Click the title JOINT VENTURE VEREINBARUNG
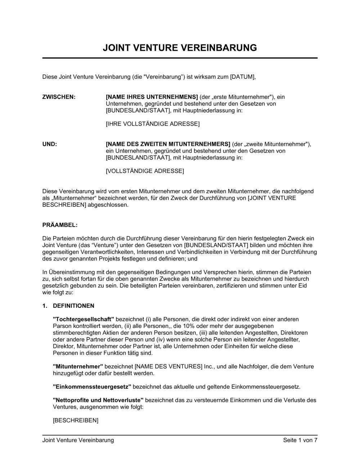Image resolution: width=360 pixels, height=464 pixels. (x=180, y=48)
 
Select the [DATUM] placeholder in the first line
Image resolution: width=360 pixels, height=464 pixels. (x=242, y=77)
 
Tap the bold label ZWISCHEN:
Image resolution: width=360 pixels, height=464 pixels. (x=59, y=97)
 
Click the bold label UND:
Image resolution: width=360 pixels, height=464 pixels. (x=50, y=144)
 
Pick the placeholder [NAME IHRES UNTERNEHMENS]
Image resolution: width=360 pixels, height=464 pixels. (x=152, y=97)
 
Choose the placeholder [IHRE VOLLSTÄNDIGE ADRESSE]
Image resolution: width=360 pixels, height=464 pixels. (x=153, y=124)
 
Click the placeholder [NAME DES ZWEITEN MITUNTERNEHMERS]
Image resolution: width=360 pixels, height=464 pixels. (x=168, y=144)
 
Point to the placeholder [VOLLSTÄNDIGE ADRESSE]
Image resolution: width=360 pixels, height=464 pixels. (x=145, y=171)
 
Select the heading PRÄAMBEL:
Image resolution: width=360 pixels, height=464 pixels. (x=60, y=225)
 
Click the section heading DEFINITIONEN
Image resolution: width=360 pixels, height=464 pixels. (x=73, y=306)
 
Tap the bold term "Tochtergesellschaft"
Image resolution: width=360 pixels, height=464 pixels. (x=84, y=319)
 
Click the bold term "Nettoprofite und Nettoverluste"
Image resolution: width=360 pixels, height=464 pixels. (x=98, y=400)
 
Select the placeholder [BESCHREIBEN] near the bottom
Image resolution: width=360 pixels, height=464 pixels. (x=76, y=420)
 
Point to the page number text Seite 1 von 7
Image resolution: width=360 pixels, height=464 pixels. (x=300, y=440)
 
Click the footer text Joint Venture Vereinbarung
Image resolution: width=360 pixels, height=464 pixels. (x=78, y=440)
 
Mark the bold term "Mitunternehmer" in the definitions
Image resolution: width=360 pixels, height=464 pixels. (x=78, y=367)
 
